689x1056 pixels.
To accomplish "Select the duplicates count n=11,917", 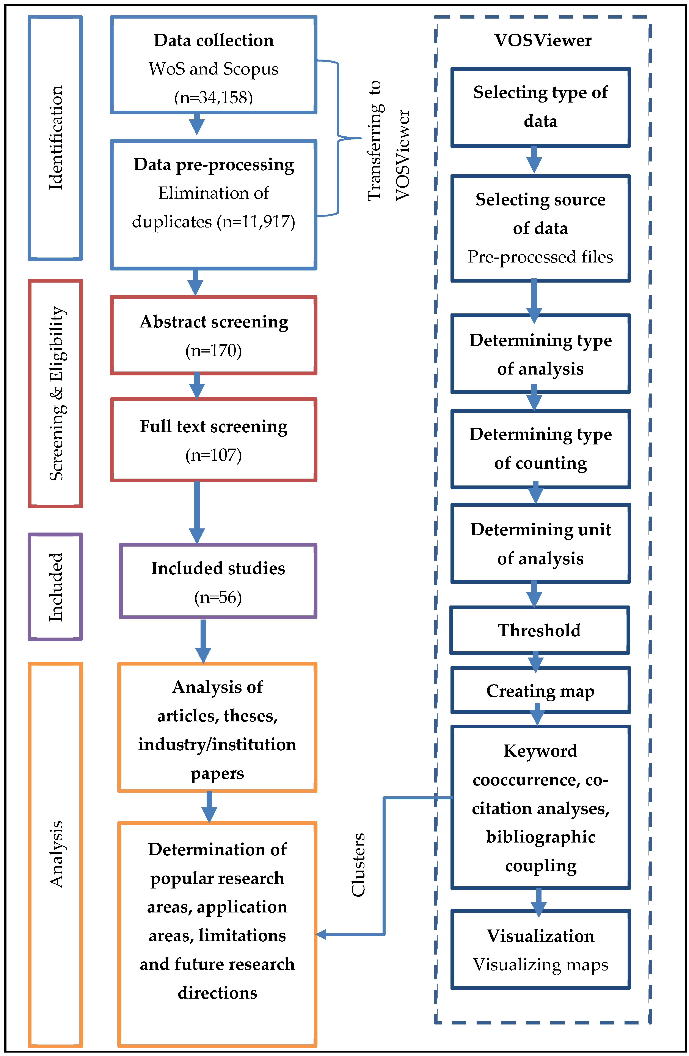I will coord(256,221).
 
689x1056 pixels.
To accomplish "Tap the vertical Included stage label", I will coord(55,586).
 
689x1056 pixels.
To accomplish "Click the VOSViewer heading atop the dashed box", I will coord(543,40).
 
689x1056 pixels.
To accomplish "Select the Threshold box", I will coord(539,630).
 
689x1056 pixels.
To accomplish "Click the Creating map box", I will coord(540,691).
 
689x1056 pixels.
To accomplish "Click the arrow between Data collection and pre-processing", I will coord(197,124).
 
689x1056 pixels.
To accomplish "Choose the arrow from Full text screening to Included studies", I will coord(197,512).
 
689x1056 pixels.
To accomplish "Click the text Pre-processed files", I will coord(540,257).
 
